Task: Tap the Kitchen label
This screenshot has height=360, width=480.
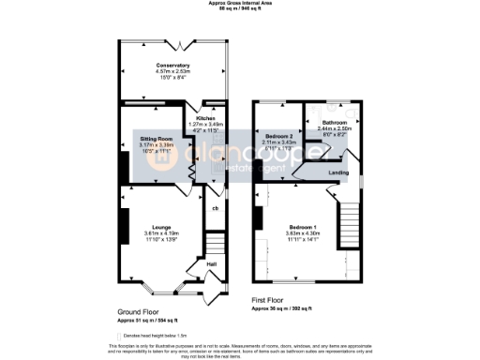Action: click(x=207, y=118)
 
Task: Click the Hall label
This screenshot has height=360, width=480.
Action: click(x=212, y=265)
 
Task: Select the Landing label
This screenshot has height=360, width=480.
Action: click(x=340, y=172)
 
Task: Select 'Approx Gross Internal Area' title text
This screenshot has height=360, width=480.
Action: click(x=240, y=4)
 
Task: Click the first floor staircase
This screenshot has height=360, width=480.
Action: click(x=349, y=224)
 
